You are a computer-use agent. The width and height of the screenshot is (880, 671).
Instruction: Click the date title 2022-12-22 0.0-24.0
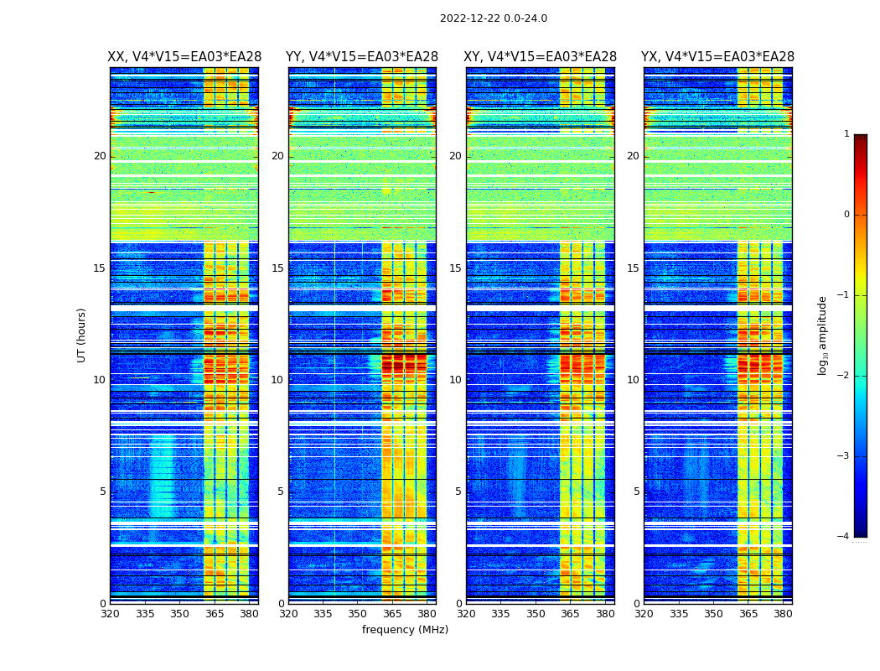[x=493, y=18]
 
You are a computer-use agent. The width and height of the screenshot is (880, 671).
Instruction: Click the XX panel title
[x=184, y=57]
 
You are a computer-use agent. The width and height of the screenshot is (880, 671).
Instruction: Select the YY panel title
[x=362, y=57]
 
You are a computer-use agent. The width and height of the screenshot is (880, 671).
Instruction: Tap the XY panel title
[x=540, y=57]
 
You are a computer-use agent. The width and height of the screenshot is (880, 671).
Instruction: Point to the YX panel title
[x=717, y=57]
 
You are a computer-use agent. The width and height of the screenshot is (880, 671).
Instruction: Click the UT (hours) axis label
[x=82, y=335]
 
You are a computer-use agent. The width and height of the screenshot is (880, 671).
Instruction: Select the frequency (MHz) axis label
[x=405, y=630]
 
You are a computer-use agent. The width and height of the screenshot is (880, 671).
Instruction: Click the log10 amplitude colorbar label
[x=823, y=335]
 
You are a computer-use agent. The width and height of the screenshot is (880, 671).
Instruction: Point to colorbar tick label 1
[x=846, y=134]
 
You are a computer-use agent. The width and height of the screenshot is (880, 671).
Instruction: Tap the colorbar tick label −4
[x=845, y=537]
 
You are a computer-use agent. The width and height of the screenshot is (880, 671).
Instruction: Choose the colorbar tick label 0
[x=846, y=215]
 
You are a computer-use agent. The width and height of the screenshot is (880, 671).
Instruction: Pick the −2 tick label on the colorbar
[x=845, y=376]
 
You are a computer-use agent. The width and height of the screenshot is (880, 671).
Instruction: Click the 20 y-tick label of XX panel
[x=100, y=156]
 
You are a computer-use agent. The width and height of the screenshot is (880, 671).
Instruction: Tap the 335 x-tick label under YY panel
[x=323, y=615]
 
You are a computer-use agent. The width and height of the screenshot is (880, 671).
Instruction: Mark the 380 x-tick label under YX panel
[x=783, y=615]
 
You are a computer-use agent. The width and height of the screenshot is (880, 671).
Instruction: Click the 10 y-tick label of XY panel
[x=455, y=380]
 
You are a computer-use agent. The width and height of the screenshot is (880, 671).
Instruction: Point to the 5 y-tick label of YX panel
[x=636, y=492]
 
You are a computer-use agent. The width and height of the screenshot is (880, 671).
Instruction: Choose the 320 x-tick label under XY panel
[x=466, y=615]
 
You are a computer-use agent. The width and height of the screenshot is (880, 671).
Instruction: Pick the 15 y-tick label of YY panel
[x=277, y=268]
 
